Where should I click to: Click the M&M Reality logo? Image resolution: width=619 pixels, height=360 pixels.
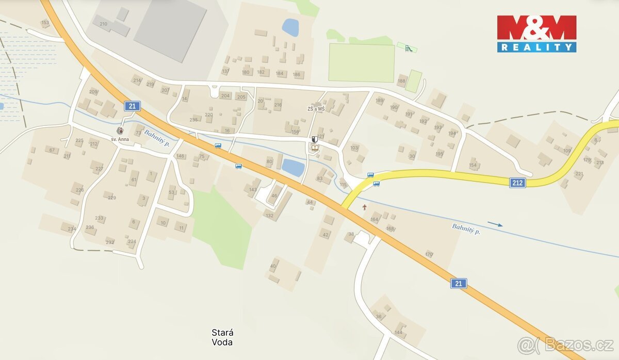(x=536, y=34)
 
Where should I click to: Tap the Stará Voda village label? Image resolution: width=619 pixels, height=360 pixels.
(x=222, y=337)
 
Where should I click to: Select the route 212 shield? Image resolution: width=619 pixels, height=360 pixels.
(x=517, y=183)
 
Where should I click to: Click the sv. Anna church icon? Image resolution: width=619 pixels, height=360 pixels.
(x=120, y=131)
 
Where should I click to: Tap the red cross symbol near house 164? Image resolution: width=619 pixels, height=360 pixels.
(x=365, y=207)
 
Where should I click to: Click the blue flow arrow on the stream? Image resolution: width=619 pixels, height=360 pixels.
(x=495, y=224)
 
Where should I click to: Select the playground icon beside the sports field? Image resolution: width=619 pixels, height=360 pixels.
(x=409, y=48)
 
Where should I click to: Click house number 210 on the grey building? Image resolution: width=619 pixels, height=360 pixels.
(x=103, y=24)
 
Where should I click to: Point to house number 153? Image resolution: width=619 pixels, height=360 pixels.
(x=45, y=23)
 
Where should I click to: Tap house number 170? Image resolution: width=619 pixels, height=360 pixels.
(x=429, y=254)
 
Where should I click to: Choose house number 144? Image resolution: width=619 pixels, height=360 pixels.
(x=398, y=332)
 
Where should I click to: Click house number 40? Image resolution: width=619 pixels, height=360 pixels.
(x=273, y=266)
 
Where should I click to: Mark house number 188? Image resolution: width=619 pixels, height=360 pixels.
(x=401, y=81)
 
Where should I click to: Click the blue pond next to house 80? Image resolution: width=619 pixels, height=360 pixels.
(x=293, y=167)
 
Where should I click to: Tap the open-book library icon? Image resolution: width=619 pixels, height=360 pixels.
(x=314, y=149)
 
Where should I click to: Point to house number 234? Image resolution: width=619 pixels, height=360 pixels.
(x=72, y=229)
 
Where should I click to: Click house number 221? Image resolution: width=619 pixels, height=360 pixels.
(x=579, y=174)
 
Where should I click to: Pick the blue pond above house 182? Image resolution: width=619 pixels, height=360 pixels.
(x=290, y=27)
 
